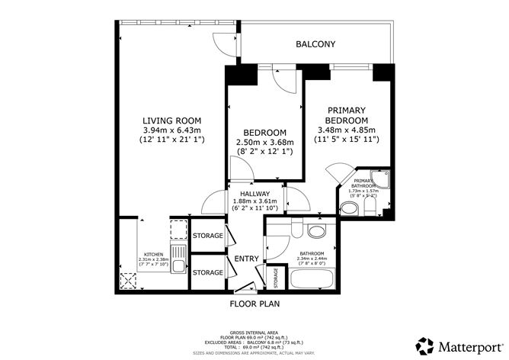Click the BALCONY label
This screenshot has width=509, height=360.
click(315, 45)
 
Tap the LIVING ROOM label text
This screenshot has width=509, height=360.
click(172, 121)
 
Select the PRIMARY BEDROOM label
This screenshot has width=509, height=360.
click(347, 115)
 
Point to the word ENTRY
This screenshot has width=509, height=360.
click(246, 259)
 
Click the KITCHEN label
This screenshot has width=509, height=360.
click(155, 254)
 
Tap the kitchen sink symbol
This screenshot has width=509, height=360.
click(177, 266)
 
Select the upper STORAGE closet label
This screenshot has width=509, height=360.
click(207, 236)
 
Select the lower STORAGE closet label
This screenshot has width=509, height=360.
click(207, 272)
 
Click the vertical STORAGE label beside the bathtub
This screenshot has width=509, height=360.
click(276, 277)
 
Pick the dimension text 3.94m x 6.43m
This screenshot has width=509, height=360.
click(172, 130)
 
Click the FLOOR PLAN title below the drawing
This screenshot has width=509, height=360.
click(255, 303)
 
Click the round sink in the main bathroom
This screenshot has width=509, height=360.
click(315, 232)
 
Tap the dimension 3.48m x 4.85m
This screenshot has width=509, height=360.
click(347, 130)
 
